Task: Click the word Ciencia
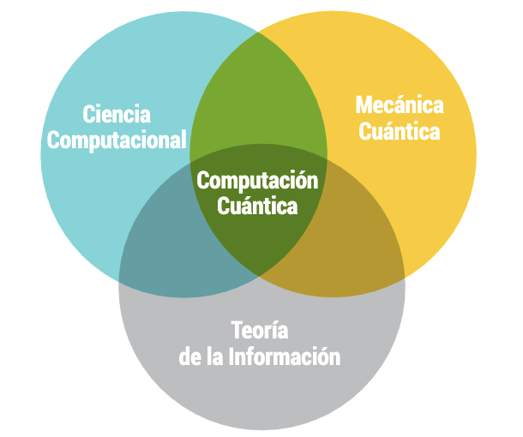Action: [x=117, y=114]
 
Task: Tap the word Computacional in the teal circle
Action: [x=117, y=140]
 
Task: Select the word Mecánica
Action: [x=400, y=105]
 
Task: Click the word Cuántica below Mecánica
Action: [x=400, y=132]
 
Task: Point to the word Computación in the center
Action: [x=257, y=181]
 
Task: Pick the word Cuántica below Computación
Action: [x=257, y=206]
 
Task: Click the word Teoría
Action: [x=260, y=331]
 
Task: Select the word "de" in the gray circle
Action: [x=189, y=356]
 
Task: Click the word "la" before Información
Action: [x=214, y=356]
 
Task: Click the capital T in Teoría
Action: [x=236, y=331]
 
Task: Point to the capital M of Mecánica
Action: [x=364, y=105]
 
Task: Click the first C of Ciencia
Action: [x=88, y=114]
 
